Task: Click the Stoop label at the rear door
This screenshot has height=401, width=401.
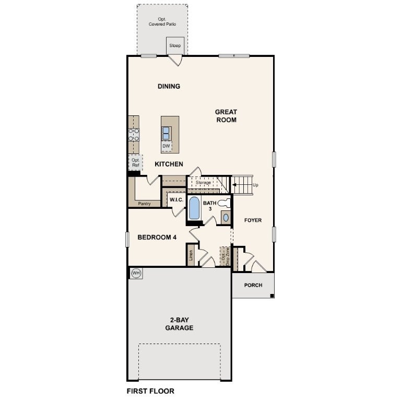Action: pyautogui.click(x=175, y=46)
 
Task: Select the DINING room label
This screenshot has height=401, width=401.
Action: pyautogui.click(x=169, y=86)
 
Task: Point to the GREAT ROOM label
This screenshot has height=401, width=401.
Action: pyautogui.click(x=226, y=116)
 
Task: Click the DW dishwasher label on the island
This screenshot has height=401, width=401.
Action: pyautogui.click(x=166, y=146)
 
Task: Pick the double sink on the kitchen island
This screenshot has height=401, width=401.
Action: pyautogui.click(x=166, y=133)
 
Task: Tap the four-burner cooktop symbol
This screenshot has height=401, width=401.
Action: pyautogui.click(x=134, y=135)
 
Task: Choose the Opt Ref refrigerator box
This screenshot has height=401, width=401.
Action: pyautogui.click(x=136, y=162)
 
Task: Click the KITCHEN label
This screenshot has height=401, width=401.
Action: pyautogui.click(x=169, y=164)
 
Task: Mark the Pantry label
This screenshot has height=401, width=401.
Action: pyautogui.click(x=145, y=204)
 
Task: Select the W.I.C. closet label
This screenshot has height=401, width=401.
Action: pyautogui.click(x=176, y=199)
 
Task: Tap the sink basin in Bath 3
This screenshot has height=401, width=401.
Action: pyautogui.click(x=225, y=218)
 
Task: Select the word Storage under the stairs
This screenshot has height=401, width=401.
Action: pyautogui.click(x=203, y=182)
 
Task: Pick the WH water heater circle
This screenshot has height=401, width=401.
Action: pyautogui.click(x=136, y=273)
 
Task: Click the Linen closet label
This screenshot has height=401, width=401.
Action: pyautogui.click(x=191, y=256)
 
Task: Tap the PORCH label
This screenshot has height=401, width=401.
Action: pyautogui.click(x=253, y=285)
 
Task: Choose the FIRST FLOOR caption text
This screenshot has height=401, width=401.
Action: pyautogui.click(x=150, y=391)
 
